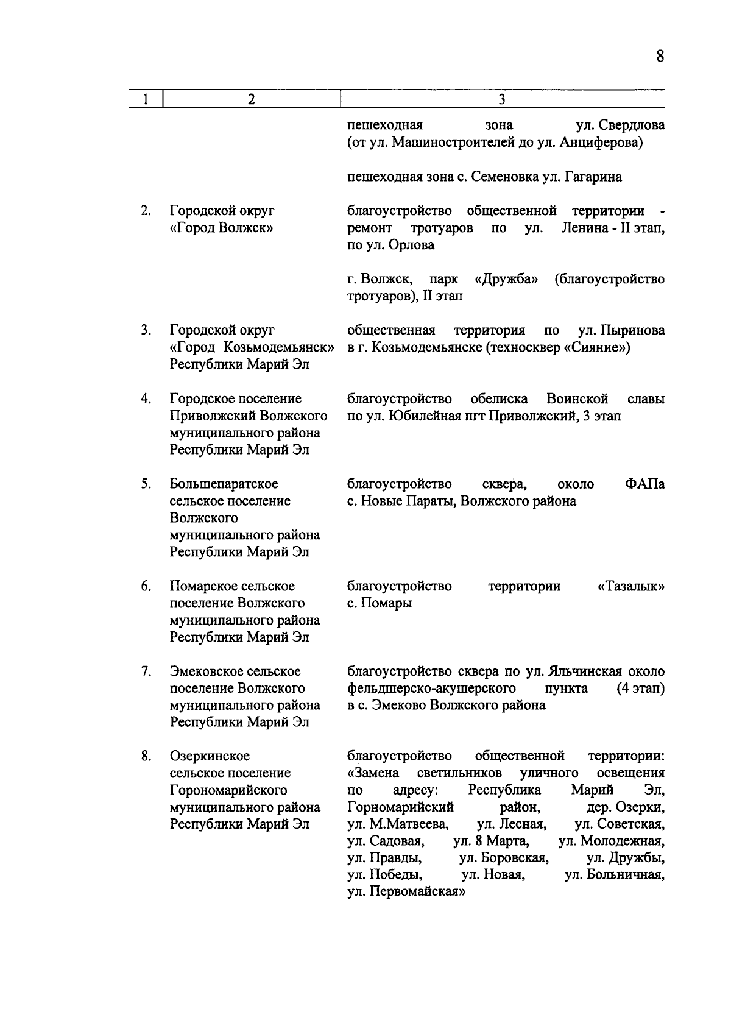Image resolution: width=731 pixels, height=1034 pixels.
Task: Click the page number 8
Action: [660, 57]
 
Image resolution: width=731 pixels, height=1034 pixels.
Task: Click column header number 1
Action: [145, 99]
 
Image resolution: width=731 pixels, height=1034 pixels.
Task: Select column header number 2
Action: [251, 99]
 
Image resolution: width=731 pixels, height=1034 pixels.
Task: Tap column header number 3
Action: [501, 99]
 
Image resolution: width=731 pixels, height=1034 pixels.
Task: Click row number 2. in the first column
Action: [146, 211]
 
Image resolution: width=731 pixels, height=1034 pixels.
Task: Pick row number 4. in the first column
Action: [146, 398]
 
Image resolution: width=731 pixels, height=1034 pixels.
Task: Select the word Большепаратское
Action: [224, 484]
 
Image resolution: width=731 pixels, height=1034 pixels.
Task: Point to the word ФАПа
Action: [644, 484]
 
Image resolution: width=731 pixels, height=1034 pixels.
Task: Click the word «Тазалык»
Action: [631, 586]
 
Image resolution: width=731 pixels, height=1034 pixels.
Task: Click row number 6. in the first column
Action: [146, 586]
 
